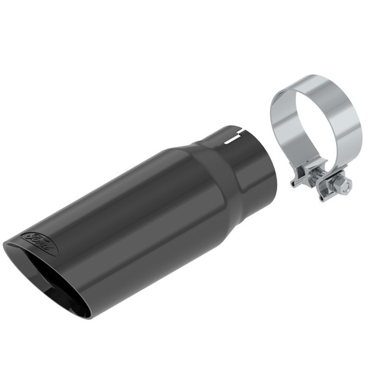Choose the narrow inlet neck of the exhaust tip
pyautogui.click(x=245, y=165)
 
